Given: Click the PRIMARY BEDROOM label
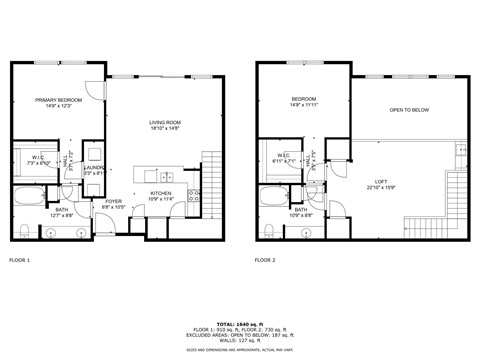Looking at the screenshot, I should point(57,101).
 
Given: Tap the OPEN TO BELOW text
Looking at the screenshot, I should point(410,110).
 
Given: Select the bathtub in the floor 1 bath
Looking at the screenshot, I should point(29,195).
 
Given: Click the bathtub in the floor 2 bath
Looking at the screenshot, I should point(273,195).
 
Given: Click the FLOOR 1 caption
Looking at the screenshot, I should point(20,260).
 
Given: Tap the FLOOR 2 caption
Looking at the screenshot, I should point(264,260).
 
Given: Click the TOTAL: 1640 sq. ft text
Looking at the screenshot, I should point(239,323).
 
